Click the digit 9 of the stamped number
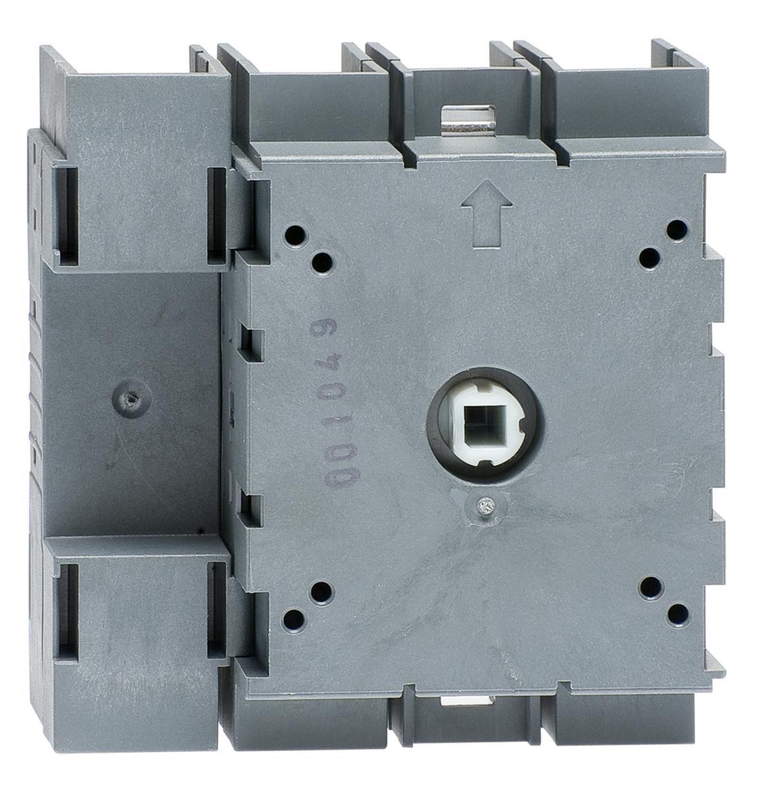tap(326, 332)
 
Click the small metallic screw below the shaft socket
tap(484, 505)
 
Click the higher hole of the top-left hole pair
tap(295, 235)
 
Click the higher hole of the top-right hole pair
tap(677, 229)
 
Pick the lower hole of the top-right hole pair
tap(650, 258)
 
